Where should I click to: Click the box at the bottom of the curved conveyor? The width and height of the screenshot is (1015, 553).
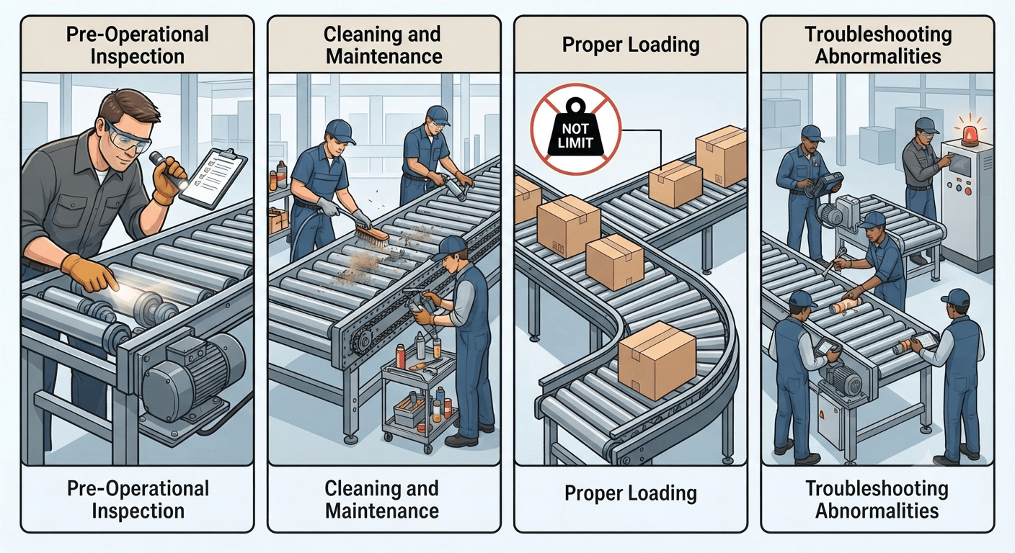tap(657, 360)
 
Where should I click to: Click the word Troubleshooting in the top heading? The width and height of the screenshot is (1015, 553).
tap(878, 35)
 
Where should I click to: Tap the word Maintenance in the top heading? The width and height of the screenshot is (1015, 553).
tap(384, 57)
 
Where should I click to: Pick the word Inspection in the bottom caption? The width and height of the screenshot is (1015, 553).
tap(138, 511)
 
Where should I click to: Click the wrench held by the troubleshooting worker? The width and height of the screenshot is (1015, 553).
tap(831, 263)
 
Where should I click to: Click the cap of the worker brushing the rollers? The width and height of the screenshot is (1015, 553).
tap(340, 130)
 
